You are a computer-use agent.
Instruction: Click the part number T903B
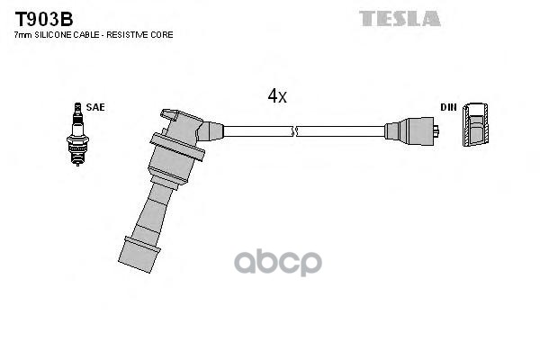coord(42,18)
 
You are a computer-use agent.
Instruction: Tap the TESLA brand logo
coord(400,18)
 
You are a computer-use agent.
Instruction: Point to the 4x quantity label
coord(276,95)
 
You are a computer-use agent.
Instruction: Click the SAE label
coord(96,108)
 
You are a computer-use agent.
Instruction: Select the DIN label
coord(447,108)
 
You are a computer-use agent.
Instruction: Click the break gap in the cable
coord(293,131)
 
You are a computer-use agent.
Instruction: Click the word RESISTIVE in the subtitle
coord(131,34)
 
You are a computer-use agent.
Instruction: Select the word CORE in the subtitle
coord(163,34)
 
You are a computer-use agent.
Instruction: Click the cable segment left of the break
coord(256,131)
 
